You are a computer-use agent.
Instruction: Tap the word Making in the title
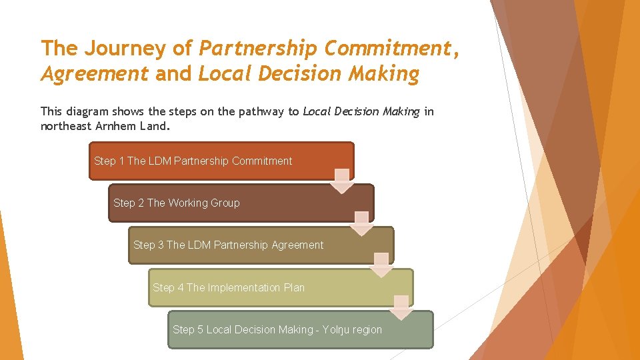click(x=386, y=74)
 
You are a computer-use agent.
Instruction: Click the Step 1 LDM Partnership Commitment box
click(x=221, y=161)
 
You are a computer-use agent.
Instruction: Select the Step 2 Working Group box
click(x=240, y=203)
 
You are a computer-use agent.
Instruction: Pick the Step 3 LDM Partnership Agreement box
click(x=260, y=245)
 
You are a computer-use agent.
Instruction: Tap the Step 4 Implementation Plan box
click(x=280, y=287)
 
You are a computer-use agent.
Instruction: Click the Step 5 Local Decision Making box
click(x=300, y=329)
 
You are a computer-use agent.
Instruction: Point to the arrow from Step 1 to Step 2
click(x=342, y=181)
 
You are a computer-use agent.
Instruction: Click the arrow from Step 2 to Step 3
click(x=361, y=223)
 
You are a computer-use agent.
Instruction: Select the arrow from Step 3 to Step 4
click(x=381, y=265)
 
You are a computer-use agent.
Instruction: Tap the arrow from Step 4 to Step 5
click(x=401, y=307)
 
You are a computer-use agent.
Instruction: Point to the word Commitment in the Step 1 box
click(x=262, y=161)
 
